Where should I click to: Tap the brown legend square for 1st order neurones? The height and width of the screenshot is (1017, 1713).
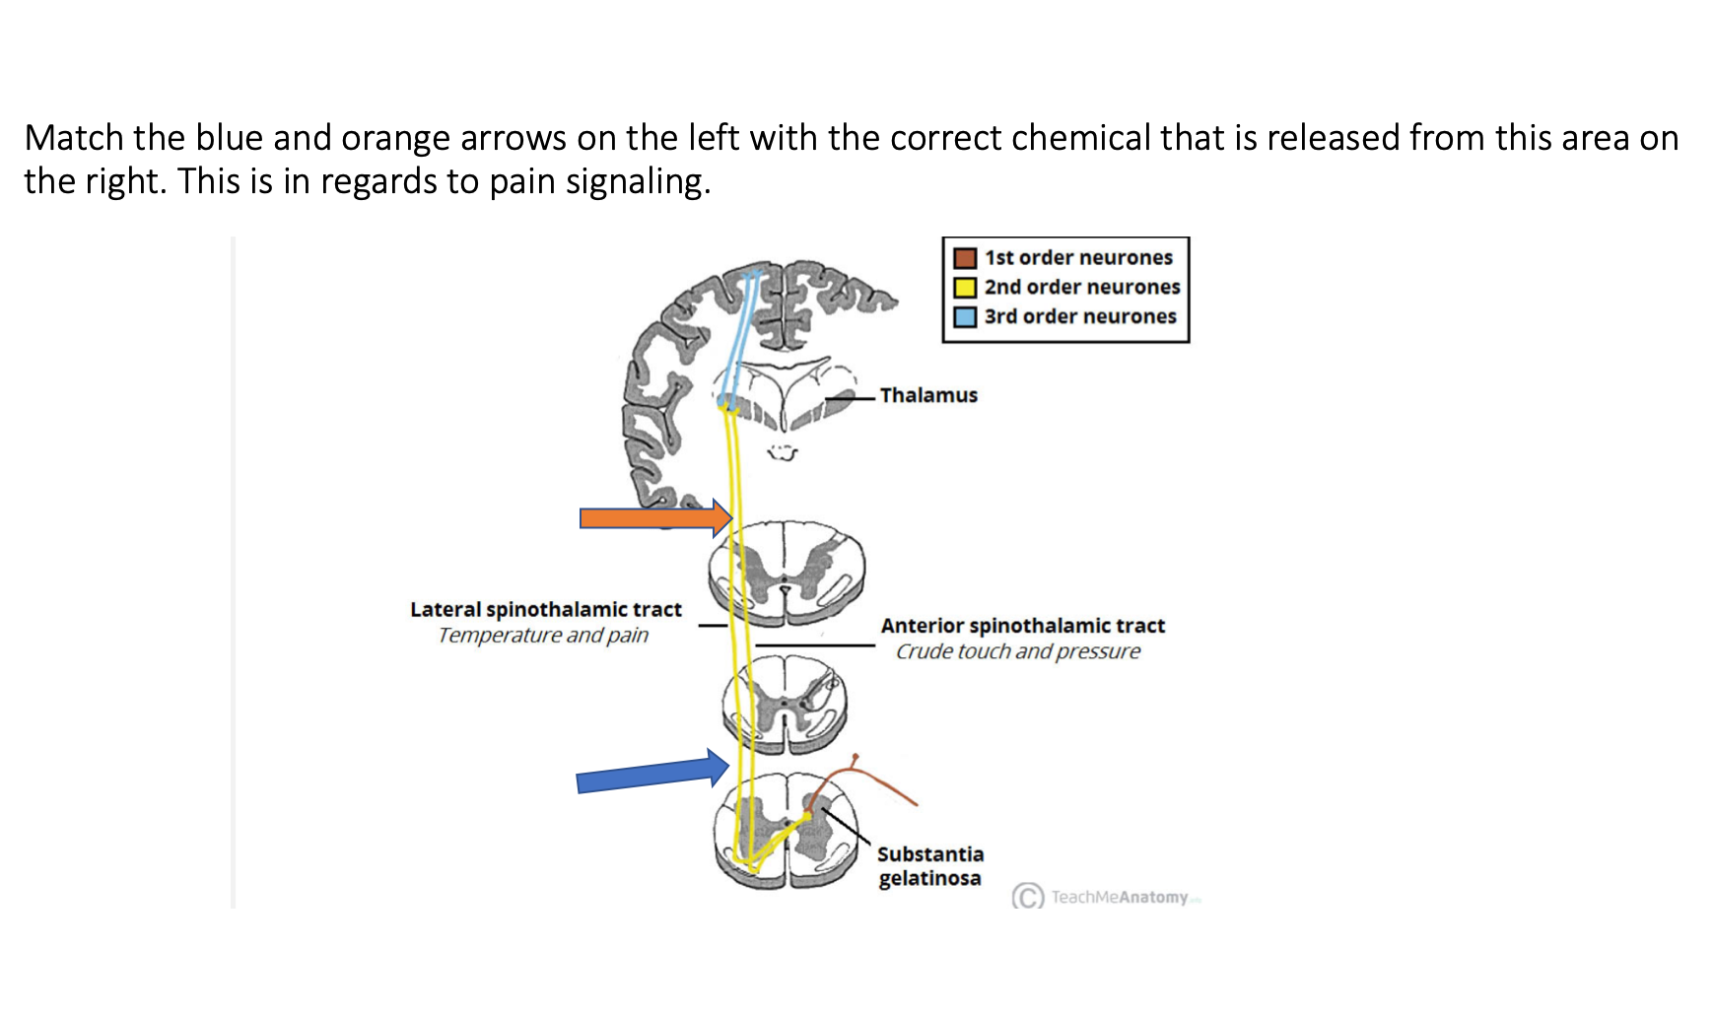point(965,258)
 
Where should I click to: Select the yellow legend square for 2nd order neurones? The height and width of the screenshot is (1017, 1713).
point(965,288)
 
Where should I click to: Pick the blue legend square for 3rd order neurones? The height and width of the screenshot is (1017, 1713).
point(965,317)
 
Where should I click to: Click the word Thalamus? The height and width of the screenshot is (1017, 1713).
point(928,395)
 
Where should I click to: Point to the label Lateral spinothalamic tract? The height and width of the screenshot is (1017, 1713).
point(546,610)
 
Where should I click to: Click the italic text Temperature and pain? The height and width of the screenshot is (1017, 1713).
point(543,636)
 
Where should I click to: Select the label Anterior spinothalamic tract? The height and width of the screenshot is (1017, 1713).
point(1022,626)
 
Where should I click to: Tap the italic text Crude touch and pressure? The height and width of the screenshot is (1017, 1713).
point(1017,651)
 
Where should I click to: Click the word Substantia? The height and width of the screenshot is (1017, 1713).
point(930,854)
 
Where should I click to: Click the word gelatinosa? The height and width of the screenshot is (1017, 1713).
point(929,878)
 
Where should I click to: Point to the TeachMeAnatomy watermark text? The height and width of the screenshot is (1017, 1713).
point(1120,897)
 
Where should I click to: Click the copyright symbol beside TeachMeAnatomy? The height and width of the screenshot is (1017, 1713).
point(1028,897)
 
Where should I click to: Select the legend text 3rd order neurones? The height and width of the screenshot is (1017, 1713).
point(1080,317)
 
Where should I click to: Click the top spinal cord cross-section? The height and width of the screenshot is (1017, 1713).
point(787,572)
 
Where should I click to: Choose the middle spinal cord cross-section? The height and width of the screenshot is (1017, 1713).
point(786,705)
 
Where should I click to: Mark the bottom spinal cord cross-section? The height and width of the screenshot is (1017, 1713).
point(787,831)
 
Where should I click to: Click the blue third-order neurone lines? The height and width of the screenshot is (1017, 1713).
point(741,335)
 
